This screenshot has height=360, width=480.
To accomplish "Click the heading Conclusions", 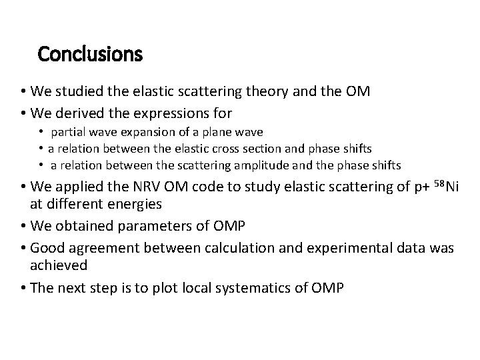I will (x=90, y=53).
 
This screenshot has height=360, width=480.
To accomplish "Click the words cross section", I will (x=265, y=149).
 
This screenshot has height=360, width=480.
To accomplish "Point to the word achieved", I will (x=59, y=265).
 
